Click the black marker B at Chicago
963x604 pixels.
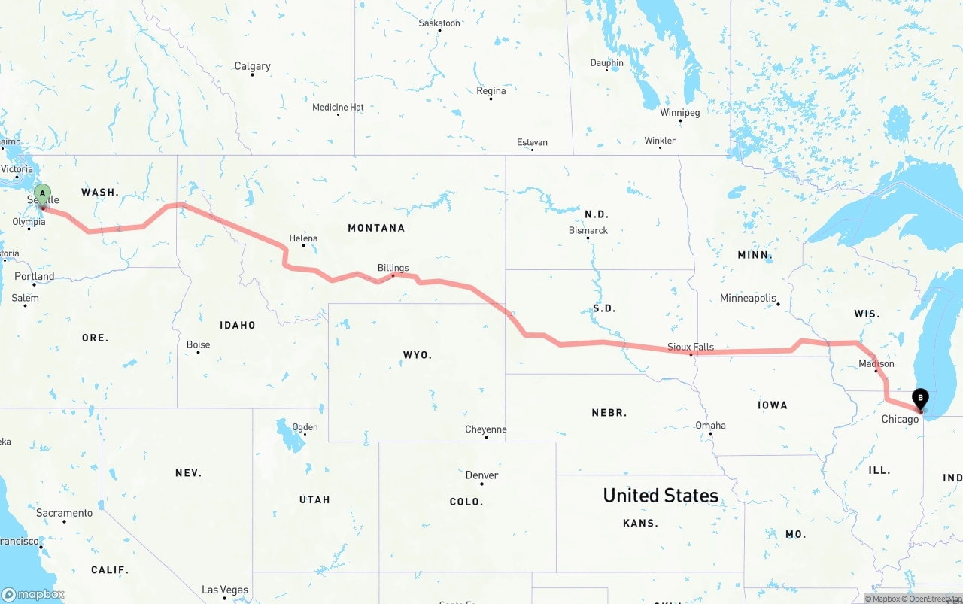click(919, 399)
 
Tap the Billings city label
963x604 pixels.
click(393, 268)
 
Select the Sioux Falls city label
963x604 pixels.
click(691, 347)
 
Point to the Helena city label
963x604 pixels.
click(303, 238)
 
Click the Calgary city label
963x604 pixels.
click(252, 66)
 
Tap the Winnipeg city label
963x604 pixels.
click(679, 113)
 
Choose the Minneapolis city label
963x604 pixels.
click(748, 299)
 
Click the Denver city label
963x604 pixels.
click(481, 475)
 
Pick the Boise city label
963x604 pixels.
click(198, 344)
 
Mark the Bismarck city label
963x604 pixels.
click(588, 230)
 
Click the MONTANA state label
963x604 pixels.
click(376, 228)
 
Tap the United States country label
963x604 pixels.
click(661, 496)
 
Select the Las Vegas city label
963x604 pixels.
click(225, 590)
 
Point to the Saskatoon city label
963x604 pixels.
click(439, 23)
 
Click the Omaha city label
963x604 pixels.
click(710, 426)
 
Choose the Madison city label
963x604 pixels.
click(876, 363)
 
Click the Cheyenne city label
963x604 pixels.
click(485, 429)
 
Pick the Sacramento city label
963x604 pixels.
click(64, 513)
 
